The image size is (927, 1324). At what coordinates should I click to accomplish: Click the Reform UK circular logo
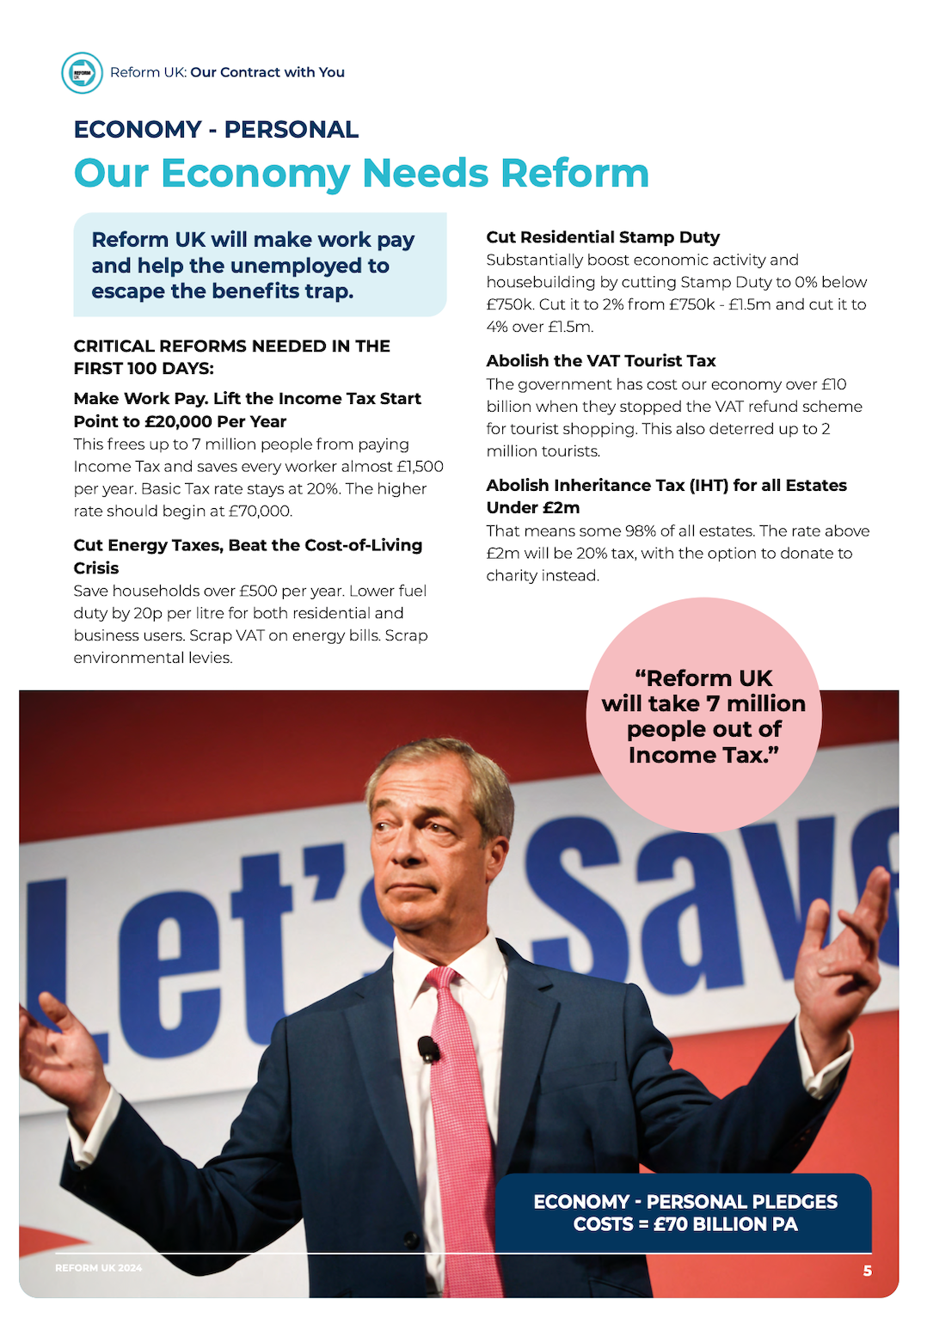coord(82,72)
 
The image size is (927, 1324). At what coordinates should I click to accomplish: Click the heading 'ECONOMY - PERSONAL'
coord(216,130)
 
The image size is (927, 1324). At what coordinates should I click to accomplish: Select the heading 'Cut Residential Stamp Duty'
coord(603,237)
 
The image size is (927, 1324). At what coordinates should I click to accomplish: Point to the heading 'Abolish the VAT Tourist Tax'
coord(600,361)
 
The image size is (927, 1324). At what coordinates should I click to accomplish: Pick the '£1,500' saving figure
coord(420,467)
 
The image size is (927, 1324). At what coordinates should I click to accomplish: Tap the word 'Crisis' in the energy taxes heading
coord(96,568)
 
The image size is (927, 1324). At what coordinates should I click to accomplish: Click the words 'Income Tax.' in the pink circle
coord(703,755)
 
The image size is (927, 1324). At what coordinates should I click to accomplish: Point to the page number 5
coord(868,1271)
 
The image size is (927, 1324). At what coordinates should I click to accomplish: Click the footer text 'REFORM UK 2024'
coord(99,1268)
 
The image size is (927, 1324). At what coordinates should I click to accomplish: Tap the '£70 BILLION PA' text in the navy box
coord(725,1224)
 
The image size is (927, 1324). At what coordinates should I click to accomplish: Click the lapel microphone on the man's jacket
coord(428,1048)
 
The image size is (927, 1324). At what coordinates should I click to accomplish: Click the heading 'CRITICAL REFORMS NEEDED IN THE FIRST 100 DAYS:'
coord(231,357)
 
